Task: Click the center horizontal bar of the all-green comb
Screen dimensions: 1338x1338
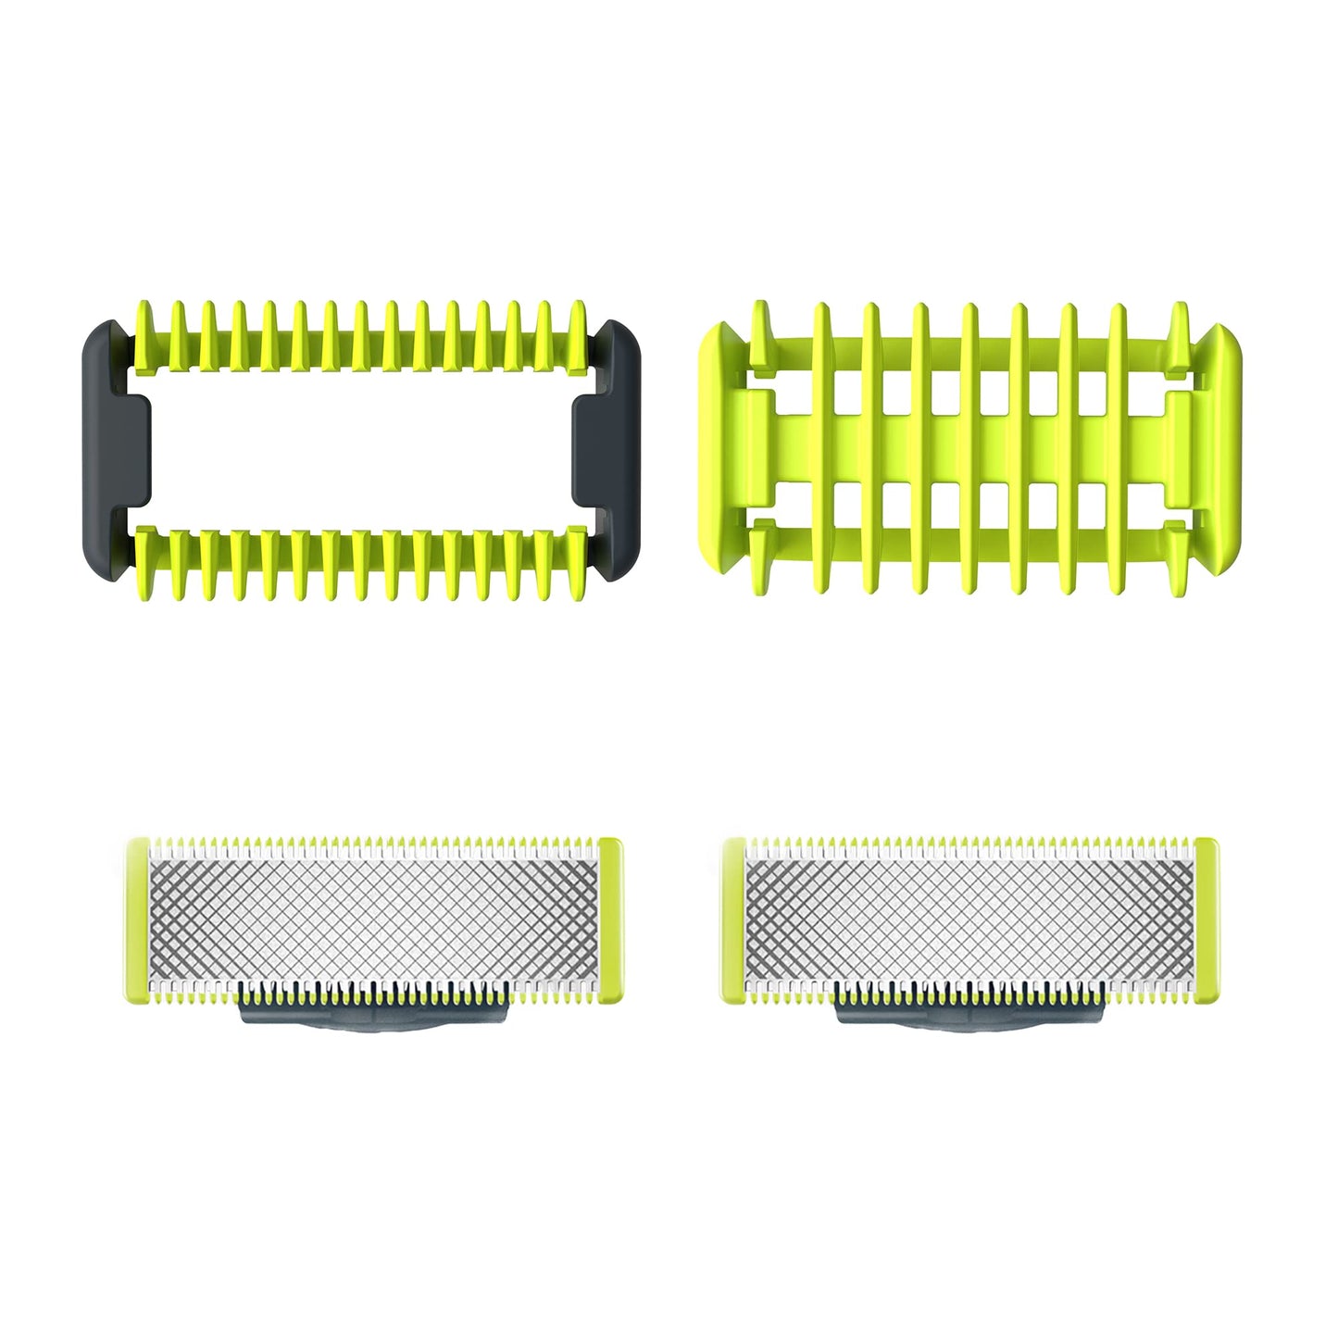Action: (x=969, y=448)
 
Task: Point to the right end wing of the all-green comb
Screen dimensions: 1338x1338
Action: (x=1220, y=448)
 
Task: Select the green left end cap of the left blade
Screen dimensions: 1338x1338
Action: (x=137, y=920)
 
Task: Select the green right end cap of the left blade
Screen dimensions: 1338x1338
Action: (x=610, y=920)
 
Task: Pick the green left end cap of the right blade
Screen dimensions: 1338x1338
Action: (x=733, y=920)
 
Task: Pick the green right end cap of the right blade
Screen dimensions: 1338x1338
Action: (x=1207, y=920)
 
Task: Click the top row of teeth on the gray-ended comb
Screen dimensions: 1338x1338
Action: (x=361, y=335)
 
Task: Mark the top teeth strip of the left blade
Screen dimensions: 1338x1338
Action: (x=374, y=845)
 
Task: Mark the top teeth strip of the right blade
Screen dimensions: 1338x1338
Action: (x=970, y=845)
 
